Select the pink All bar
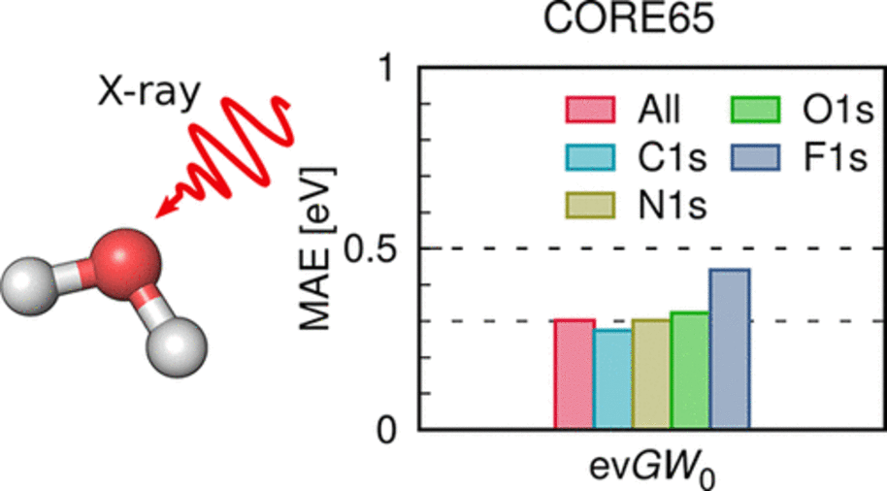point(574,375)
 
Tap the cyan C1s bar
point(612,379)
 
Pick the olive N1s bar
point(651,375)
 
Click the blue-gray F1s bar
point(729,349)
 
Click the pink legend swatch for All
point(590,109)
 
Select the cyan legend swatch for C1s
point(590,156)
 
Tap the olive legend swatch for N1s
point(590,204)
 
